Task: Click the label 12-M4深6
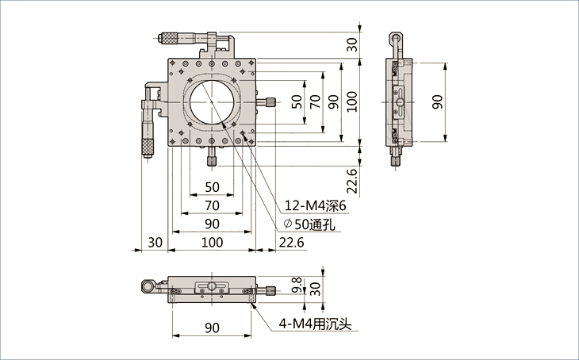(x=316, y=205)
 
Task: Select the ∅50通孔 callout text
(x=312, y=224)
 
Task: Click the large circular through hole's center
(x=212, y=101)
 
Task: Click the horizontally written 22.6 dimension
(x=292, y=243)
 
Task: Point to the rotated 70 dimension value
(x=315, y=101)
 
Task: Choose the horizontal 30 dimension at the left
(x=154, y=243)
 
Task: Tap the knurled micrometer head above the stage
(x=171, y=36)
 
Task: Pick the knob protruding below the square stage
(x=212, y=160)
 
